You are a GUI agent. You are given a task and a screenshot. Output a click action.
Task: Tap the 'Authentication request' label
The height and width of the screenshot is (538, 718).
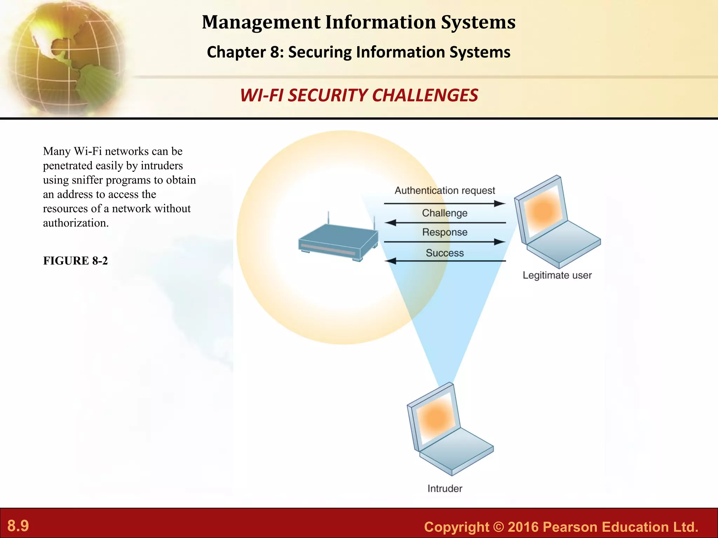445,191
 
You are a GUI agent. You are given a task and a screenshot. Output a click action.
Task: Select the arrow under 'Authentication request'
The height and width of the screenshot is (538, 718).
445,204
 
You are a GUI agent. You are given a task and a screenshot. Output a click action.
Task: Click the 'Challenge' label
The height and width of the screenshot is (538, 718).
445,213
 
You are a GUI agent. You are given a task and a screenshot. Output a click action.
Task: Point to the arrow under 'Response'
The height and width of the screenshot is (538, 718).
445,242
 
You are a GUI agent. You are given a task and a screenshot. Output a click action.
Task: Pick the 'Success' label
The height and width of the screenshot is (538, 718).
445,253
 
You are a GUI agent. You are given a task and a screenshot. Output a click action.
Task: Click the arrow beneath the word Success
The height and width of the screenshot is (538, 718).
445,261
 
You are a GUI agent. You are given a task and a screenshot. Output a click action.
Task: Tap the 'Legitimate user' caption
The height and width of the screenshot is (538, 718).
557,275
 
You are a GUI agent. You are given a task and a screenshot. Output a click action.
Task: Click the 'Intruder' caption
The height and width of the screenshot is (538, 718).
445,489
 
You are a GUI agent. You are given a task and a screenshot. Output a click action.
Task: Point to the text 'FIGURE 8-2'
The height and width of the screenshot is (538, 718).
75,261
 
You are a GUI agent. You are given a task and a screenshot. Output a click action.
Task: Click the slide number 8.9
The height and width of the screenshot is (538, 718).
18,526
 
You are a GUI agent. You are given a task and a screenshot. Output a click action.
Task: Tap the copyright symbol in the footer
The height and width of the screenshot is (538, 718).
498,527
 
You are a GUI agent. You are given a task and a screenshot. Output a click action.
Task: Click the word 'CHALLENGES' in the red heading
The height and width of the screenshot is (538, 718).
425,96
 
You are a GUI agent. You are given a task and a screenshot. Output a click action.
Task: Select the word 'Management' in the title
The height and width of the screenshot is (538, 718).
261,22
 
